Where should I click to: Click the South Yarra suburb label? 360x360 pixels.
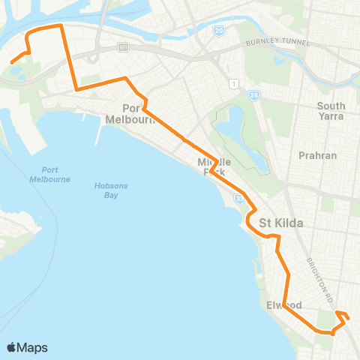pos(331,111)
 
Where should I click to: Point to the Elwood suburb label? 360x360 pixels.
pos(283,306)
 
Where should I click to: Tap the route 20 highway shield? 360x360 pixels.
pos(217,30)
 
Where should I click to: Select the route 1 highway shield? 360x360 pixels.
pos(235,82)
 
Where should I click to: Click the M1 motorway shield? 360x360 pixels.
pos(123,46)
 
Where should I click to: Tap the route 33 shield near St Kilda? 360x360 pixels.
pos(239,198)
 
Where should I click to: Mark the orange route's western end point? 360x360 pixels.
pos(10,62)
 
